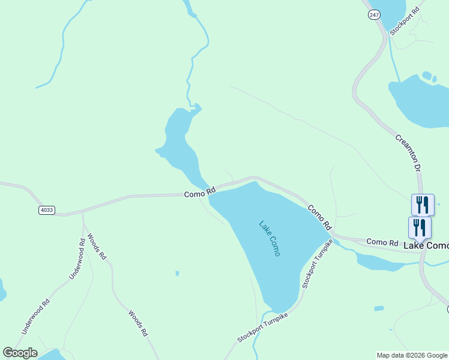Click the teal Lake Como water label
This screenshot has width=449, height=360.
point(270,239)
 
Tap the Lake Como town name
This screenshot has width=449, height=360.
point(426,246)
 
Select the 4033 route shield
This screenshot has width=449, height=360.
point(46,210)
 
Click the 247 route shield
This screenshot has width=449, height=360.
point(375,15)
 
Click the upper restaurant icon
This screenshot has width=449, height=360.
point(423,205)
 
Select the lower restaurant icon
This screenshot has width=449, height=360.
point(420,227)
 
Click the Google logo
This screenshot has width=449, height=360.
point(20,353)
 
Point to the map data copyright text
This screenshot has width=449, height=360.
point(411,355)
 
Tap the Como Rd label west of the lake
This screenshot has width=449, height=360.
point(199,193)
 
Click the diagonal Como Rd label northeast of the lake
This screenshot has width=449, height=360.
point(320,218)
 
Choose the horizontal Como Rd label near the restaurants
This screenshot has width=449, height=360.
point(382,242)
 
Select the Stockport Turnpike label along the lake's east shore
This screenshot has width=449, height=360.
point(316,264)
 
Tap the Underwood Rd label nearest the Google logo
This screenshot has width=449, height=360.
point(35,314)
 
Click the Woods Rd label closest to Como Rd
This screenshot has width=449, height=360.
point(97,246)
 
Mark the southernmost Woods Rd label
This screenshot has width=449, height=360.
point(137,323)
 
